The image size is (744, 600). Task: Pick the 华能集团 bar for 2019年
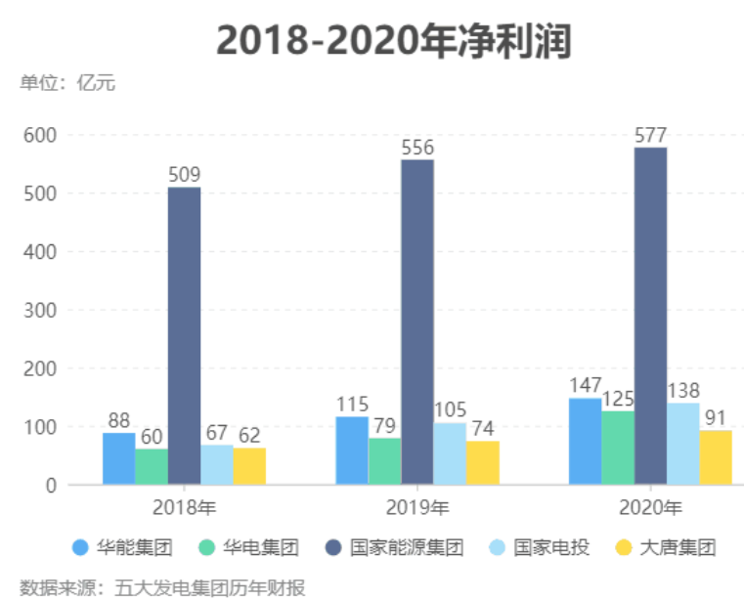click(352, 450)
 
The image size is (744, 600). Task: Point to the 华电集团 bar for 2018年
click(151, 466)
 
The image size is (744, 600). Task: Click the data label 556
click(417, 148)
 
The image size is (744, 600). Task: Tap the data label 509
click(184, 175)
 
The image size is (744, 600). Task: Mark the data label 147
click(585, 385)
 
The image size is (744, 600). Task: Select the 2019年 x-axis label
click(417, 507)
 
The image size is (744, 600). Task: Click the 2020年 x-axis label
click(650, 507)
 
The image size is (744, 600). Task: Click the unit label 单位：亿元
click(67, 83)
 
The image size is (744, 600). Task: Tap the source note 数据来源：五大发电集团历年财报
click(162, 587)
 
